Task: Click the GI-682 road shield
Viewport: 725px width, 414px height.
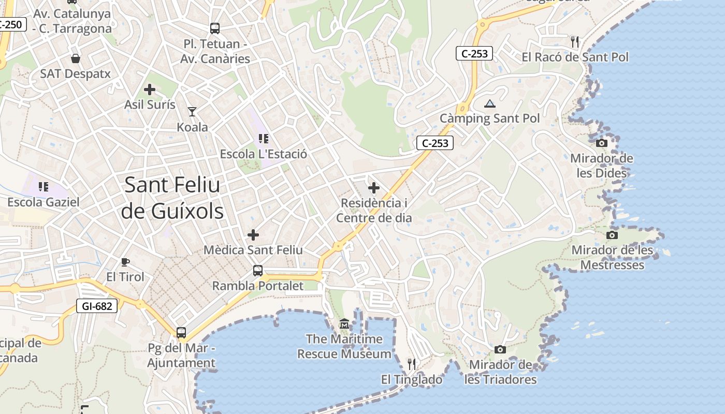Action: [97, 306]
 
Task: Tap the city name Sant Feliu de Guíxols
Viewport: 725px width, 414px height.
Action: [172, 198]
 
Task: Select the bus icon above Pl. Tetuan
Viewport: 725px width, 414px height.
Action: [215, 28]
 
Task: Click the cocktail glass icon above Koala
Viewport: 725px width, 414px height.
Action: [192, 111]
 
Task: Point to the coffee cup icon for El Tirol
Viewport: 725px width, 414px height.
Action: [125, 262]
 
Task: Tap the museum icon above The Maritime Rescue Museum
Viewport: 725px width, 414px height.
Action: [344, 324]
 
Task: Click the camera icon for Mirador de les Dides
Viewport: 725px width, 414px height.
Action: [602, 143]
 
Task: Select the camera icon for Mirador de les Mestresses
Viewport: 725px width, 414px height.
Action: [612, 235]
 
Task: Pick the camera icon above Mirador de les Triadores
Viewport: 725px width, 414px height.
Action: [500, 349]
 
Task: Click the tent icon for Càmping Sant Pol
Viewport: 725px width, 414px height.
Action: [490, 103]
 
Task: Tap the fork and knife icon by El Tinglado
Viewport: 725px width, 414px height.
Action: [412, 364]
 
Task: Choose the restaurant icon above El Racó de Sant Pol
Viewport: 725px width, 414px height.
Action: [574, 41]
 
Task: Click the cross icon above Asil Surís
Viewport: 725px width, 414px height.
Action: [150, 90]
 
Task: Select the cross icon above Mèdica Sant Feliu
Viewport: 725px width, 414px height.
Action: [253, 235]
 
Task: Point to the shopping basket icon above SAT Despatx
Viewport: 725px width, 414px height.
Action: [76, 58]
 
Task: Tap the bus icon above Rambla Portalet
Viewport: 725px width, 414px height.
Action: [257, 270]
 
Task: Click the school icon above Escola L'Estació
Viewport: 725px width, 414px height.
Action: [263, 139]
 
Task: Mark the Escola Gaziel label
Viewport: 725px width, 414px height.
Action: [44, 202]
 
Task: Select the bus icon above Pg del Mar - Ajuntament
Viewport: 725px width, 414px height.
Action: [181, 333]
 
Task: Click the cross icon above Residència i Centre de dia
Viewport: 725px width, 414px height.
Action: [373, 188]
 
